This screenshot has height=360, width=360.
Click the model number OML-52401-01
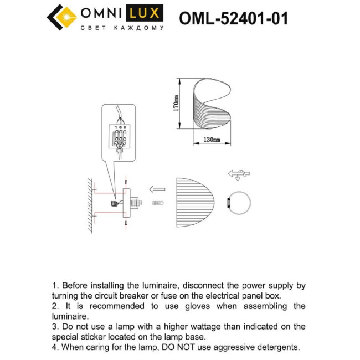click(233, 18)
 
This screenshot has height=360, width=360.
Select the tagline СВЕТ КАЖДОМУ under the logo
click(122, 28)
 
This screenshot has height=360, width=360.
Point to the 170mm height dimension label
click(176, 104)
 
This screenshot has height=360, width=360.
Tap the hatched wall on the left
click(88, 204)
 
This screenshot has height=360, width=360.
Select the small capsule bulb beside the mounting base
click(158, 203)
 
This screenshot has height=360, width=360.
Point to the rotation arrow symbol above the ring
click(237, 174)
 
